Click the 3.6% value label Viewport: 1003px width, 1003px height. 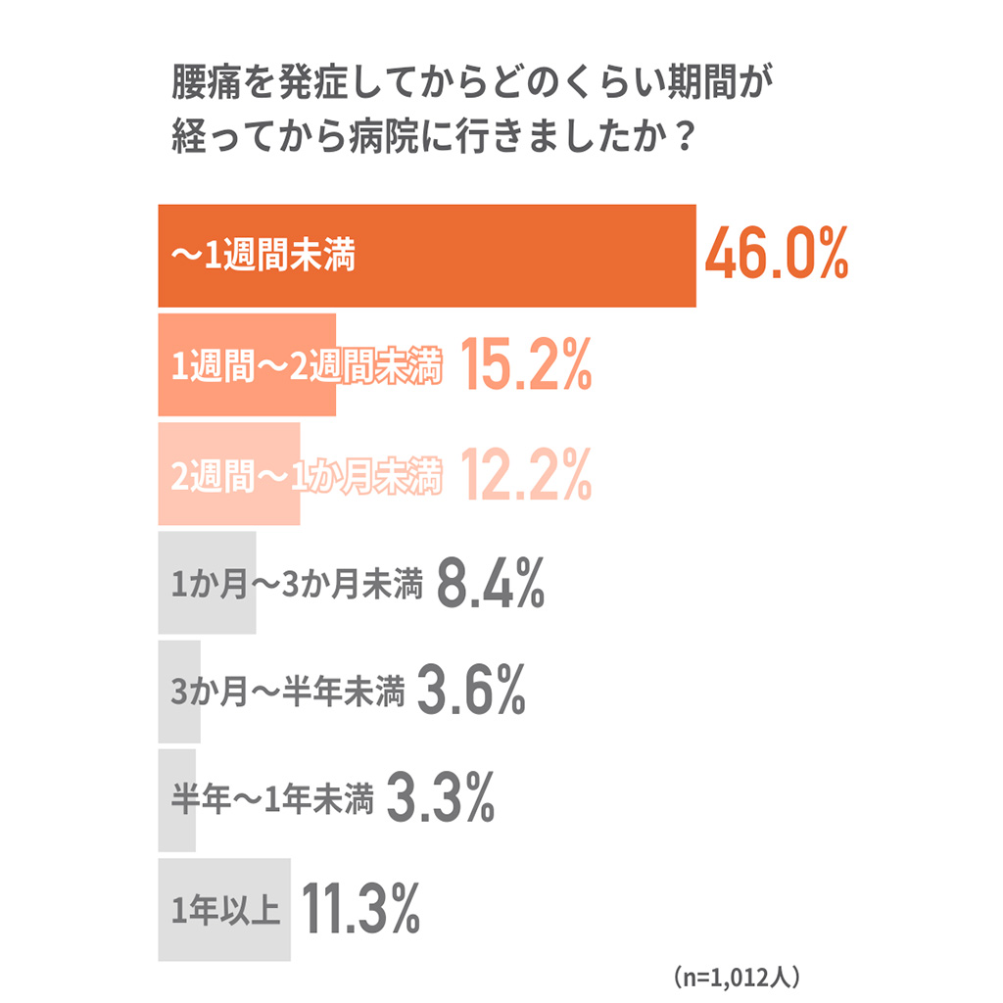472,693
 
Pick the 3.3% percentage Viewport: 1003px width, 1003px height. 441,801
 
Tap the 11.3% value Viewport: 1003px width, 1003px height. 360,910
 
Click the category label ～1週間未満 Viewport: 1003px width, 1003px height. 263,258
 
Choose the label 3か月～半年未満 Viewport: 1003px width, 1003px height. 287,693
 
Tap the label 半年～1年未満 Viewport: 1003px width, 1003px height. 272,802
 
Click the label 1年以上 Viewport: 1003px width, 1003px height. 226,910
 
